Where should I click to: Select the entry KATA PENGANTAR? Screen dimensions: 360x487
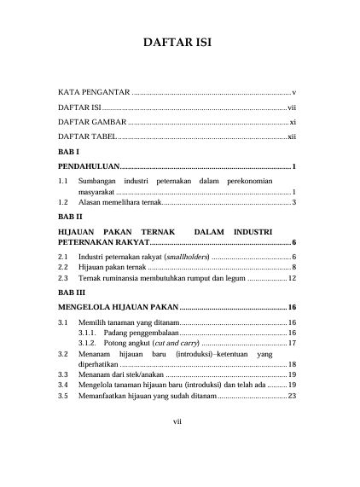click(x=93, y=91)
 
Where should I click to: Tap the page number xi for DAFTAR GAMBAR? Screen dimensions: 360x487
click(x=292, y=122)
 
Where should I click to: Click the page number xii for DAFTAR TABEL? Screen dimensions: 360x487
click(x=291, y=137)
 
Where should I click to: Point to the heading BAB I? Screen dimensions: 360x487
click(x=67, y=151)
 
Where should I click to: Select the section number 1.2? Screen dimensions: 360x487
click(x=63, y=203)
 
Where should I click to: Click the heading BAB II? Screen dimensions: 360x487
click(x=69, y=217)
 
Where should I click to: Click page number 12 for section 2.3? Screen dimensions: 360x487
click(x=291, y=278)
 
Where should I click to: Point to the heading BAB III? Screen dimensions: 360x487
click(x=71, y=292)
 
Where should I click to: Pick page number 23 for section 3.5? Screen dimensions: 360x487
click(x=291, y=396)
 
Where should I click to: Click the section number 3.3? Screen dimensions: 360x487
click(x=63, y=374)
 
